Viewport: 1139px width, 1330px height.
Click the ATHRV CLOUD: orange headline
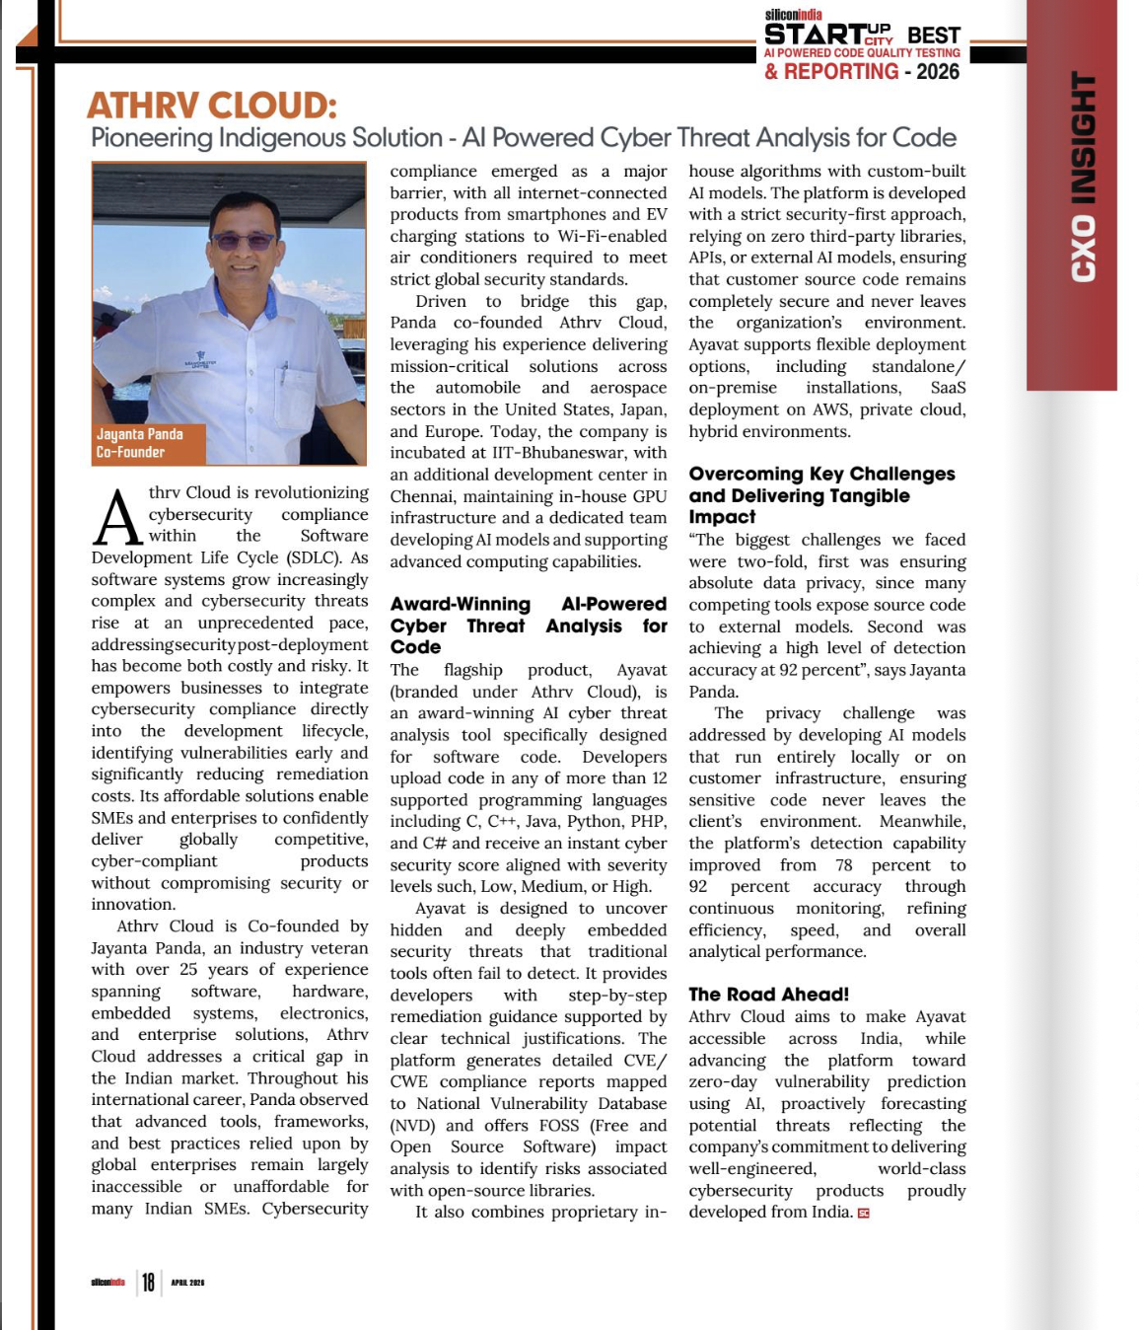tap(212, 105)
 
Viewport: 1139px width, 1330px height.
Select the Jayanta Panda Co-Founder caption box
tap(140, 443)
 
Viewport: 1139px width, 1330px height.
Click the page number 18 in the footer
tap(148, 1282)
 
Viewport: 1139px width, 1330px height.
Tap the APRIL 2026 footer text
tap(187, 1283)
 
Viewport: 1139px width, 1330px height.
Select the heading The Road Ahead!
tap(768, 995)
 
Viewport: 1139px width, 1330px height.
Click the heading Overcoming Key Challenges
tap(821, 475)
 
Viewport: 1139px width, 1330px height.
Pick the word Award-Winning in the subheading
tap(460, 604)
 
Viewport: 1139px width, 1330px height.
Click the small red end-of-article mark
tap(864, 1214)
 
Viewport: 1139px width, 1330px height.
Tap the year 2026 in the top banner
tap(938, 72)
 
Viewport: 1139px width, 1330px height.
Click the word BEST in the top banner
tap(933, 36)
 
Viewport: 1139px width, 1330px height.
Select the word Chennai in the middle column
tap(423, 496)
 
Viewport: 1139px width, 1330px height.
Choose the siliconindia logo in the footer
tap(107, 1283)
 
